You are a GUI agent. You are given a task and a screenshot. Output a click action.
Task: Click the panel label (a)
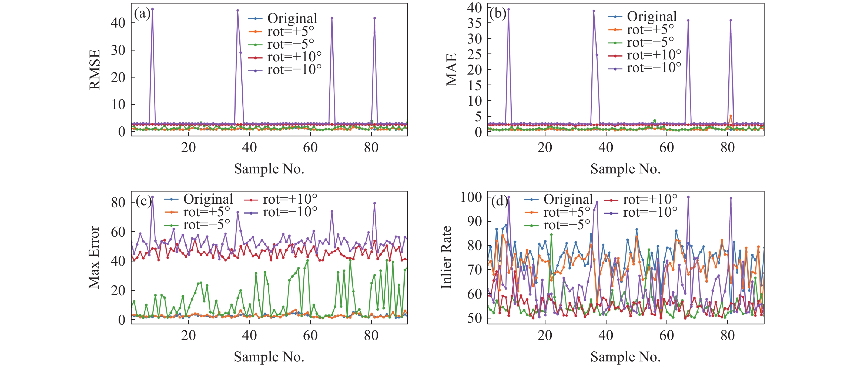pos(142,14)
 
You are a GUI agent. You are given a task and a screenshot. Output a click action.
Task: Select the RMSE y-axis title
pos(95,69)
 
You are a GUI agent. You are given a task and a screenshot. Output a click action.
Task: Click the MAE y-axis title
pos(452,69)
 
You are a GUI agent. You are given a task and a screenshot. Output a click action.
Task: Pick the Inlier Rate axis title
pos(446,257)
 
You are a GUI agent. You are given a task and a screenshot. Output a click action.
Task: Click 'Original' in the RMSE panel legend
pos(292,18)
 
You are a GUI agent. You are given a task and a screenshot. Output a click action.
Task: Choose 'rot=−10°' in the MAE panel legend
pos(654,68)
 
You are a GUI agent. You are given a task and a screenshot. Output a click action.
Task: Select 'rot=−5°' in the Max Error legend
pos(206,225)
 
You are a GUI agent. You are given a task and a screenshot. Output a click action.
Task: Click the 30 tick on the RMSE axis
pos(118,50)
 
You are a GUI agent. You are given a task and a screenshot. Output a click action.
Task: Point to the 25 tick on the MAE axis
pos(475,54)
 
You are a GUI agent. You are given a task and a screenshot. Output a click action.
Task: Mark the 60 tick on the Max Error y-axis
pos(118,232)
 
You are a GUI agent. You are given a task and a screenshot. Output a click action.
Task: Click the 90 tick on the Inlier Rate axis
pos(475,221)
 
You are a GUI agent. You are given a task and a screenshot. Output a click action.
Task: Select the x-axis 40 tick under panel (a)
pos(249,147)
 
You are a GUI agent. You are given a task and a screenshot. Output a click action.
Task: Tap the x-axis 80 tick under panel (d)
pos(728,335)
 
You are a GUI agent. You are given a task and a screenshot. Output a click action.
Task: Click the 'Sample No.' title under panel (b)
pos(625,169)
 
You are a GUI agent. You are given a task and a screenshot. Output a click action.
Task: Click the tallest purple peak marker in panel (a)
pos(152,9)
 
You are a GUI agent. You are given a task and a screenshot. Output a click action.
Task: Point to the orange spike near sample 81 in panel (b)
pos(731,116)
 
